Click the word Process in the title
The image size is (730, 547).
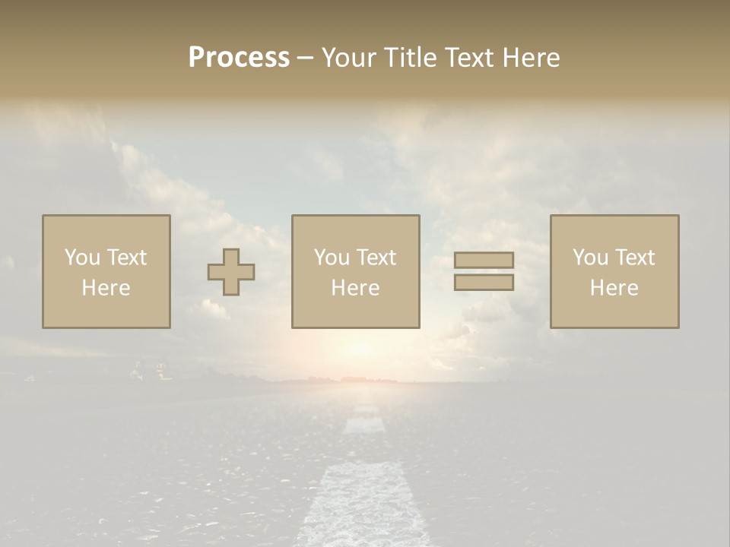pyautogui.click(x=239, y=57)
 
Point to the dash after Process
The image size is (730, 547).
pyautogui.click(x=306, y=58)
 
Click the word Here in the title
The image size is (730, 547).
pyautogui.click(x=530, y=57)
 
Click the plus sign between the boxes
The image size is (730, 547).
pyautogui.click(x=231, y=272)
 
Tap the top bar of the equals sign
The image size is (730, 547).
pyautogui.click(x=484, y=260)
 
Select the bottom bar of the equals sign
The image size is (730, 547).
pyautogui.click(x=484, y=282)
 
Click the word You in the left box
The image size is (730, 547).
pyautogui.click(x=82, y=257)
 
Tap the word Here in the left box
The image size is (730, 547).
pyautogui.click(x=106, y=287)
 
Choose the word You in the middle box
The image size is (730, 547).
pyautogui.click(x=332, y=257)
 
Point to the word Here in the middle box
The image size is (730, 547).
pyautogui.click(x=355, y=287)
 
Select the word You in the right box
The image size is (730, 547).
pyautogui.click(x=590, y=257)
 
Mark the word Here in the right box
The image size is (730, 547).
pyautogui.click(x=614, y=287)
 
